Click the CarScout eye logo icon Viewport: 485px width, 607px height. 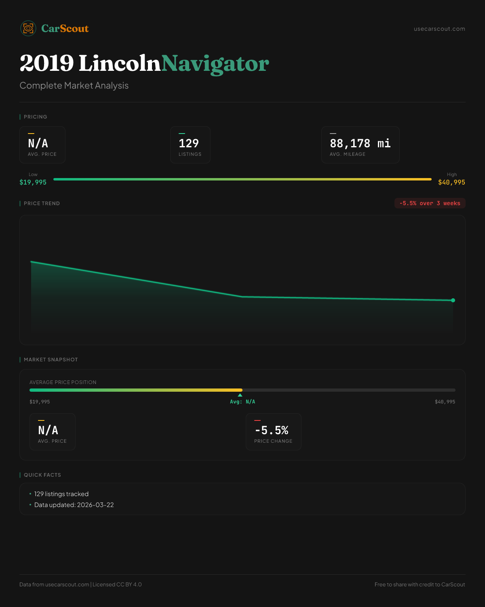pyautogui.click(x=28, y=28)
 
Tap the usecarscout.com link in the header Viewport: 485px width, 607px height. pyautogui.click(x=439, y=29)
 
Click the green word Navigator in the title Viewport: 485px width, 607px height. pyautogui.click(x=215, y=64)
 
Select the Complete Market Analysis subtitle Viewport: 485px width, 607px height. pyautogui.click(x=74, y=85)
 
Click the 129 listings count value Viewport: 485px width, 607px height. pyautogui.click(x=189, y=143)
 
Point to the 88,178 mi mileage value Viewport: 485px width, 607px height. pyautogui.click(x=360, y=143)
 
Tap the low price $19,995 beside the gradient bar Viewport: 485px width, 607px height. pyautogui.click(x=33, y=182)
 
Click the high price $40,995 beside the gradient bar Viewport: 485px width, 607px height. pyautogui.click(x=451, y=182)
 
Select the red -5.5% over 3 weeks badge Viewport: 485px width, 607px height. pyautogui.click(x=430, y=203)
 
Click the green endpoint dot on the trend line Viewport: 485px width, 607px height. pyautogui.click(x=453, y=300)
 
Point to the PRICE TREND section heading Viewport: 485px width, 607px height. pyautogui.click(x=42, y=203)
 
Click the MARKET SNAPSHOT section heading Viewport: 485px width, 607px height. pyautogui.click(x=51, y=359)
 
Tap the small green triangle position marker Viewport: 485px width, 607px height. pyautogui.click(x=240, y=395)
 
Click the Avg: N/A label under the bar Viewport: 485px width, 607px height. pyautogui.click(x=242, y=402)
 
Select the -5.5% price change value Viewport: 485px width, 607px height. pyautogui.click(x=272, y=430)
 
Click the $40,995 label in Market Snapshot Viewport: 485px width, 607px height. pyautogui.click(x=445, y=402)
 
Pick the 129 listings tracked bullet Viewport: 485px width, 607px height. pyautogui.click(x=61, y=494)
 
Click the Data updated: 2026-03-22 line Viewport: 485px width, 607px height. pyautogui.click(x=74, y=505)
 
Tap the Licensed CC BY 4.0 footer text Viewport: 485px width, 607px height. pyautogui.click(x=117, y=584)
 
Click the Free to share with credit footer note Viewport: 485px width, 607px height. pyautogui.click(x=420, y=584)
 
